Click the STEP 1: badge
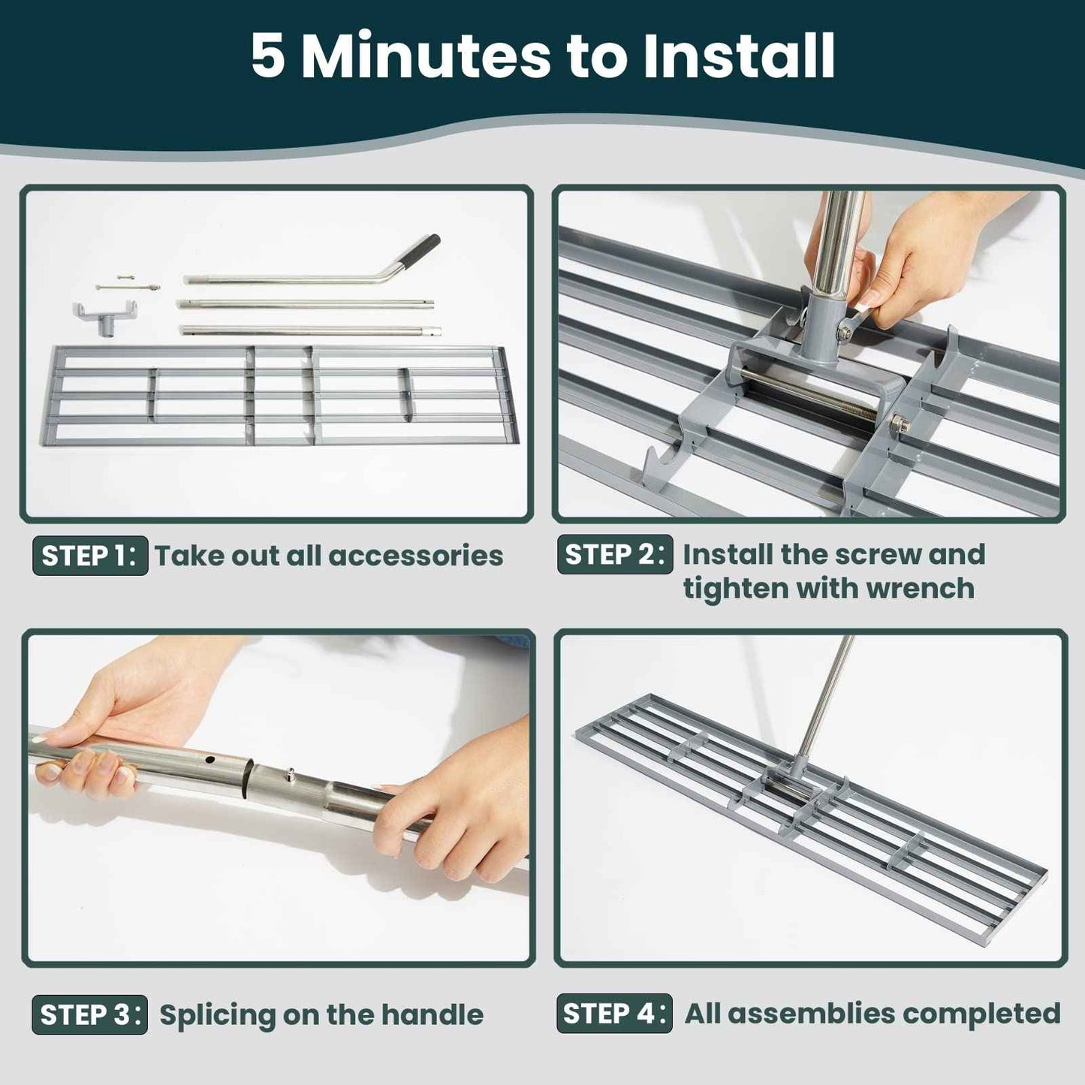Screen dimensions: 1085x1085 (90, 556)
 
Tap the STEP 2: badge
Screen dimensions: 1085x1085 (614, 554)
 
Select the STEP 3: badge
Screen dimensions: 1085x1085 (89, 1014)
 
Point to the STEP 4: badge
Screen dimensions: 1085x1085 (614, 1013)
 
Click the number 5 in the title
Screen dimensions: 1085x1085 (268, 56)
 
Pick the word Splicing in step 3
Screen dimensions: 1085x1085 (218, 1014)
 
